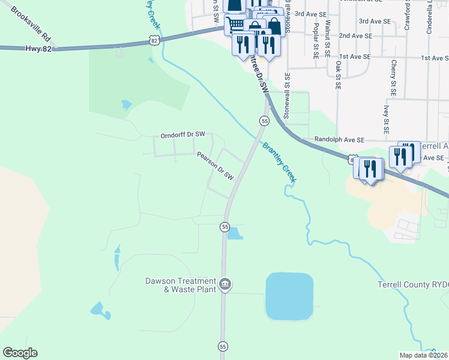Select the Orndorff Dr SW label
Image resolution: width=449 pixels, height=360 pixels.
pyautogui.click(x=182, y=135)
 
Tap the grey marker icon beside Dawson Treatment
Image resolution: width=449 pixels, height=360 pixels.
pyautogui.click(x=224, y=284)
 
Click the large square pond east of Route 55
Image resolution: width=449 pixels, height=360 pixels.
pyautogui.click(x=289, y=296)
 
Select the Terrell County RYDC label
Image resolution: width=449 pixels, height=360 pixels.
pyautogui.click(x=413, y=284)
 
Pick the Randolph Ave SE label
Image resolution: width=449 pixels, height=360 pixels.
pyautogui.click(x=340, y=139)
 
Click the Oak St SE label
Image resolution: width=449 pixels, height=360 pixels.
pyautogui.click(x=338, y=75)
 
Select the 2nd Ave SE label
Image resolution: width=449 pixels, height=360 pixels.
pyautogui.click(x=355, y=36)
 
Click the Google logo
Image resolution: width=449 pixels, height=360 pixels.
pyautogui.click(x=20, y=353)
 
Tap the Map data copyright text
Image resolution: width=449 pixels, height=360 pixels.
pyautogui.click(x=424, y=355)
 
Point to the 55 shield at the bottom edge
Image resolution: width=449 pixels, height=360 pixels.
pyautogui.click(x=223, y=347)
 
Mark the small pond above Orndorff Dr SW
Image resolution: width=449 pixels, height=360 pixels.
pyautogui.click(x=126, y=105)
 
